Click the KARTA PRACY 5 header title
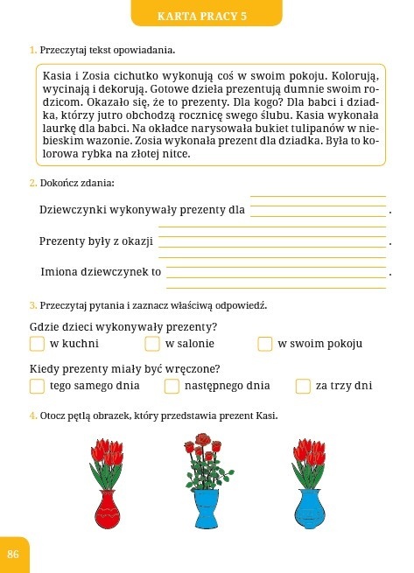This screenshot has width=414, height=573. click(214, 16)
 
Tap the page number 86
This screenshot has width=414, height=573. click(13, 554)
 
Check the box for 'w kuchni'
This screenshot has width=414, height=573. click(37, 344)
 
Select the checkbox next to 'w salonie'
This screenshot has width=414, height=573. click(152, 344)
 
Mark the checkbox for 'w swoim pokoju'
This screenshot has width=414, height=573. click(264, 344)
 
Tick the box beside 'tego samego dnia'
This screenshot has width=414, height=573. click(37, 386)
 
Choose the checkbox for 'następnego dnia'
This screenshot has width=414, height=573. click(172, 386)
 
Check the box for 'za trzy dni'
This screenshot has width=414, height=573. click(303, 386)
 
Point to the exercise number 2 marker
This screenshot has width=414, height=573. click(32, 183)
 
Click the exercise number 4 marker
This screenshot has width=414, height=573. click(32, 415)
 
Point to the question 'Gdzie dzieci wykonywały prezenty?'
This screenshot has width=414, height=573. click(123, 327)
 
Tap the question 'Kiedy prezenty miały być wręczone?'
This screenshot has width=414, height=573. click(124, 368)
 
